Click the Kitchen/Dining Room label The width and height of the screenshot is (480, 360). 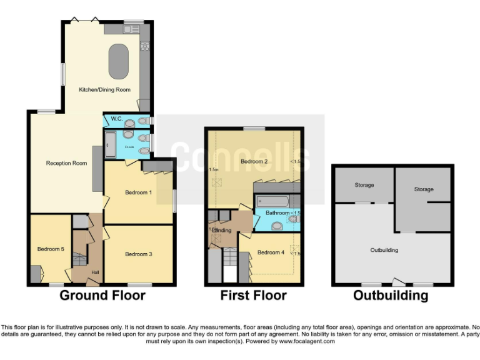click(x=104, y=90)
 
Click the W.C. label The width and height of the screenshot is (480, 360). click(x=116, y=119)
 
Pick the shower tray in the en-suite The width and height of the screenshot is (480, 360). click(x=110, y=145)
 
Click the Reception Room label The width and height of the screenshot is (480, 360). click(x=66, y=163)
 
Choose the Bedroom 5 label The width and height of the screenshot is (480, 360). click(x=51, y=249)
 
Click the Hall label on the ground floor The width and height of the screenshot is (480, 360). click(x=95, y=272)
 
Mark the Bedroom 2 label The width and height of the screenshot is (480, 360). click(x=254, y=162)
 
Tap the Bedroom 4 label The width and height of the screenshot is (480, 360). click(x=271, y=252)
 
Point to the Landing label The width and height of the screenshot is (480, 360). click(x=221, y=231)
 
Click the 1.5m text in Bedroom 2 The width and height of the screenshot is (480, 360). click(x=214, y=169)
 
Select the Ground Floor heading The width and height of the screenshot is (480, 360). click(x=102, y=296)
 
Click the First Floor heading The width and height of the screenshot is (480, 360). click(x=253, y=296)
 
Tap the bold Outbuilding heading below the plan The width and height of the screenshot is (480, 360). click(x=391, y=296)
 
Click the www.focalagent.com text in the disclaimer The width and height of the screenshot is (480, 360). click(x=307, y=341)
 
